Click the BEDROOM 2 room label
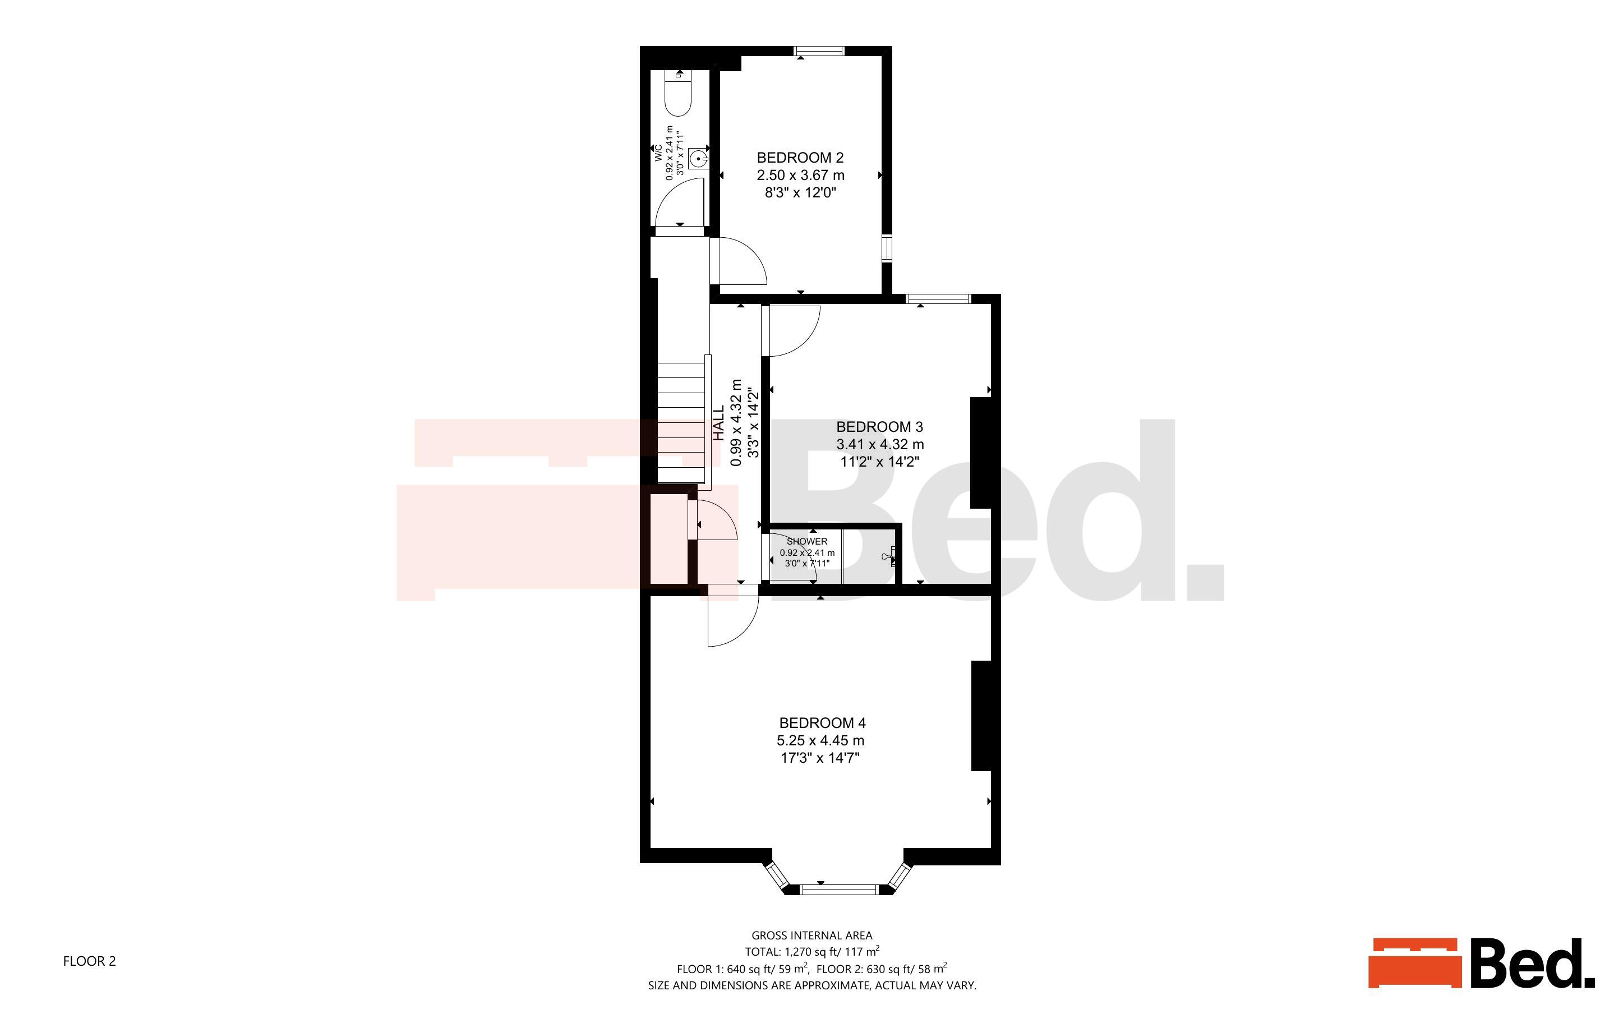click(800, 158)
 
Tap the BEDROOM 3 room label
click(879, 427)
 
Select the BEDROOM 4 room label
click(822, 723)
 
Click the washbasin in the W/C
click(699, 159)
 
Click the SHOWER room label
click(807, 541)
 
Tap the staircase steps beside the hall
click(681, 422)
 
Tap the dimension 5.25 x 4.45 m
click(820, 740)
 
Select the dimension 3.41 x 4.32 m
click(879, 444)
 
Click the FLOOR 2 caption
click(89, 961)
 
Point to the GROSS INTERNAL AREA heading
click(812, 935)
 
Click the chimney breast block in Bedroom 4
click(981, 716)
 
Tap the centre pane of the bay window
click(838, 890)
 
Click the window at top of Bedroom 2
click(819, 51)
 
